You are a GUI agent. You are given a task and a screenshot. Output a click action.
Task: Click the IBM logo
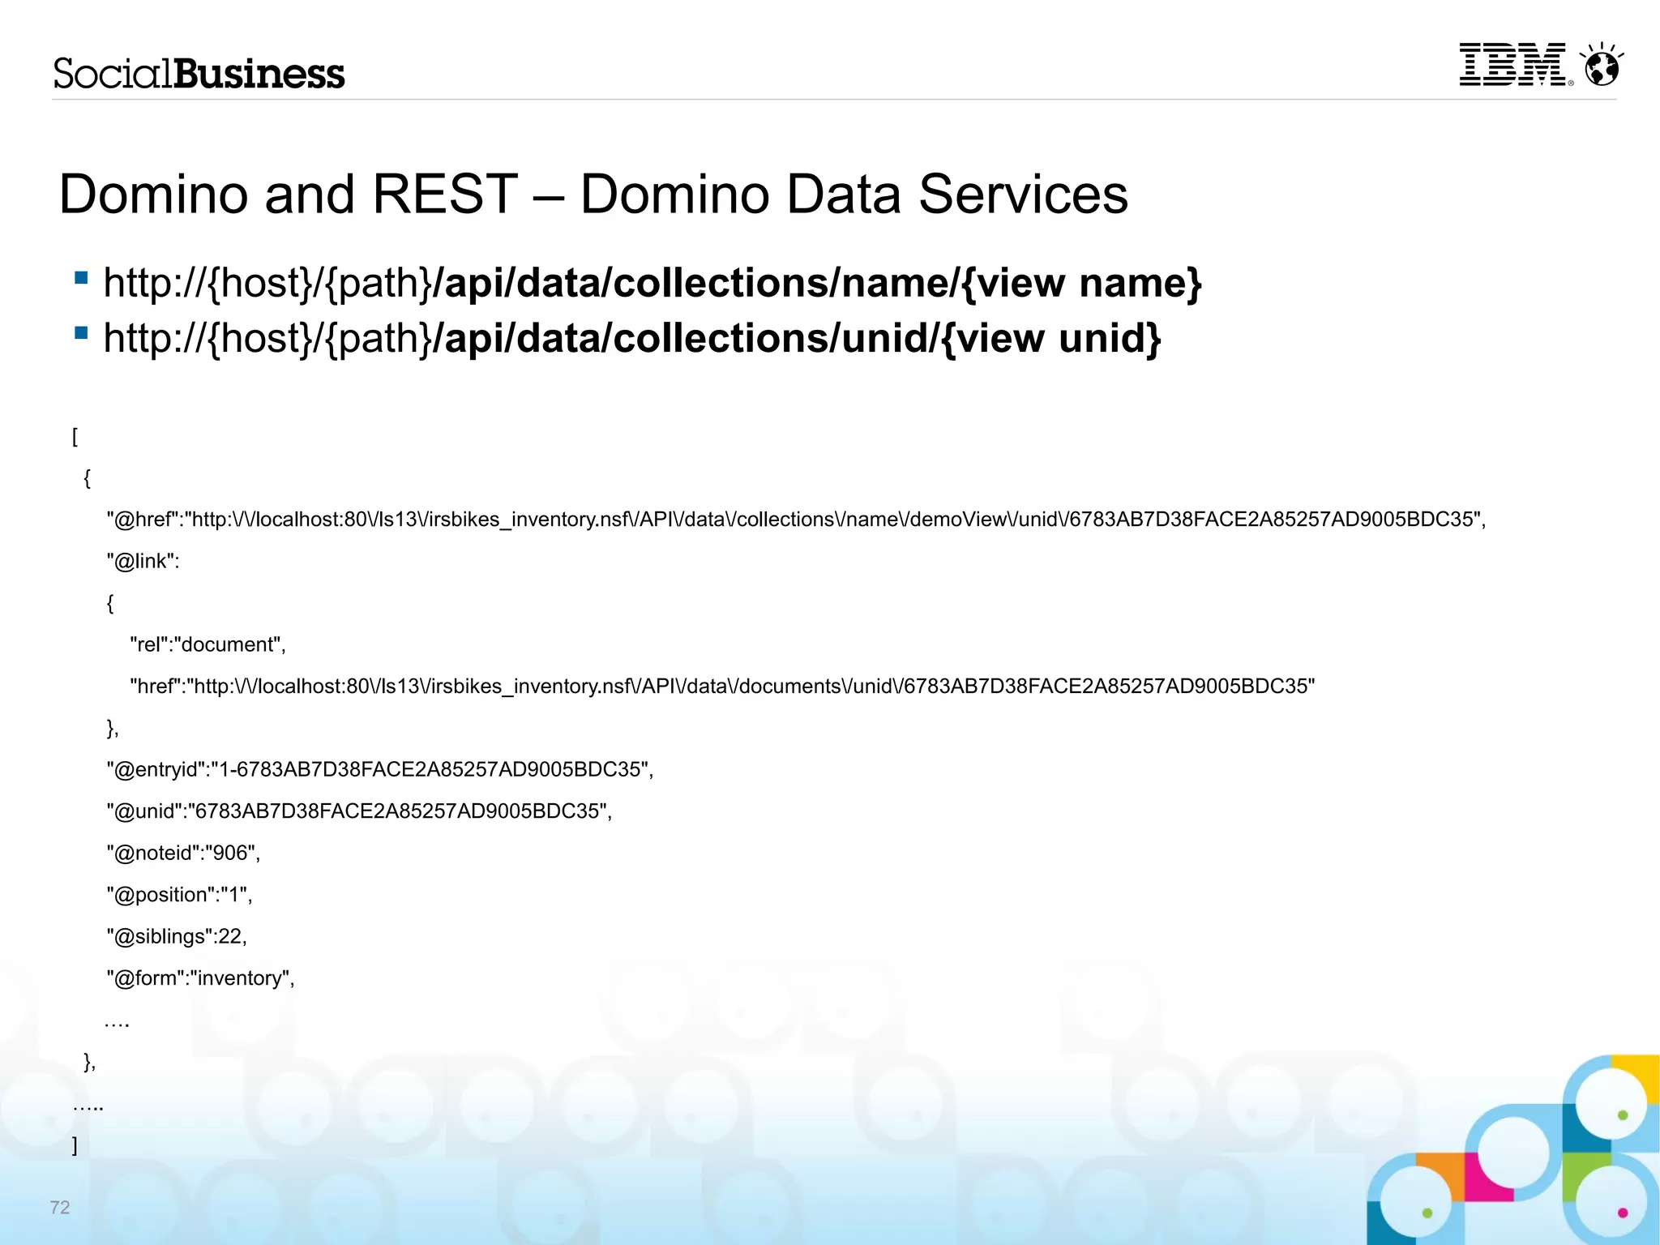pos(1512,65)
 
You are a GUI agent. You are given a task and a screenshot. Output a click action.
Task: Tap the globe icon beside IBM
pos(1602,66)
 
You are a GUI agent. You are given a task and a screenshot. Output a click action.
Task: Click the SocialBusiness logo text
pos(199,74)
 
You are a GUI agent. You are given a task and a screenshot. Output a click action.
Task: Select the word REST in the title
pos(445,195)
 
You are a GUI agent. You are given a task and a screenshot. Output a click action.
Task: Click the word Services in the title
pos(1023,195)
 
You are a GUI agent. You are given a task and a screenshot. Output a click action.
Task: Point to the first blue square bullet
pos(81,278)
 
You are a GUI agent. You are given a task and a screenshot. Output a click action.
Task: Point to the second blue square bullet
pos(81,333)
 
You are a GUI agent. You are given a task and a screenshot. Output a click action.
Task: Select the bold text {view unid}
pos(1051,338)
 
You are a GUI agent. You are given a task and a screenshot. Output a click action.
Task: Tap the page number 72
pos(60,1207)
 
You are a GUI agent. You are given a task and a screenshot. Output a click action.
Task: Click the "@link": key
pos(143,561)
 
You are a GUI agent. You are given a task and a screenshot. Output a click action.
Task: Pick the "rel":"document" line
pos(207,644)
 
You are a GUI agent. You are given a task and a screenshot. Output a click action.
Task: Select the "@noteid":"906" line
pos(183,853)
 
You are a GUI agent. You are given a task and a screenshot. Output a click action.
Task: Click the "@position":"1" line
pos(179,895)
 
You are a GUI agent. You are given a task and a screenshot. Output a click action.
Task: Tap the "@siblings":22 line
pos(177,936)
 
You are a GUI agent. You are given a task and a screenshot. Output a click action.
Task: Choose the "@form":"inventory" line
pos(200,978)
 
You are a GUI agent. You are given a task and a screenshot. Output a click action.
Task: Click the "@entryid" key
pos(156,769)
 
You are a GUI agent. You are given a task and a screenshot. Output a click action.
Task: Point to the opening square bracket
pos(75,437)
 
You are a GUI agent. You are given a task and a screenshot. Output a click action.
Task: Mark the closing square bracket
pos(75,1145)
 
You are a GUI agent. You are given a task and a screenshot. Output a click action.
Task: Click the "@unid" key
pos(146,811)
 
